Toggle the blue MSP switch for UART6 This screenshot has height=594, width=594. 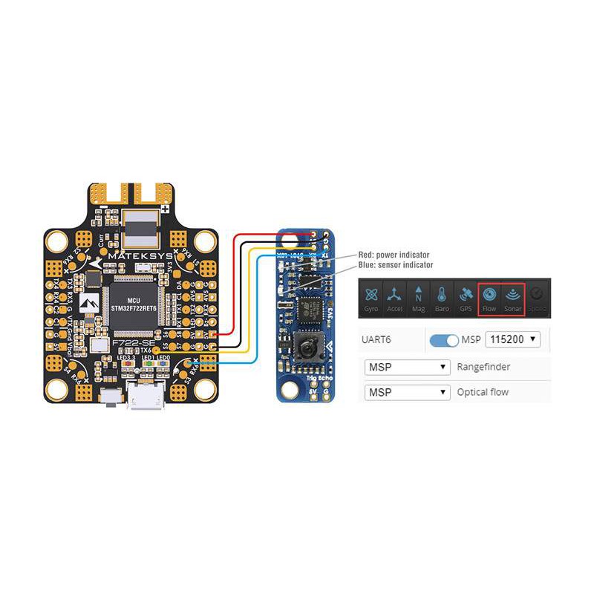(444, 340)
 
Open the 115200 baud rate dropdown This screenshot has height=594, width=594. (512, 340)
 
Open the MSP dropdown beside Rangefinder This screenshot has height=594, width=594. (408, 367)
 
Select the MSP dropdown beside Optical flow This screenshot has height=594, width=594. (408, 391)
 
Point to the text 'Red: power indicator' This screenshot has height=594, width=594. (394, 255)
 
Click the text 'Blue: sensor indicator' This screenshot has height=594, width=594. (395, 264)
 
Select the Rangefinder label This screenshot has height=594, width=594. (483, 367)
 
